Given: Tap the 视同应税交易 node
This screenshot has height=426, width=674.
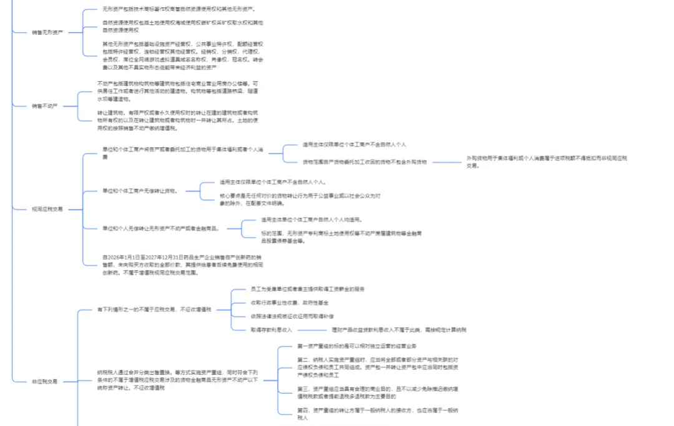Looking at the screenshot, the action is click(x=47, y=210).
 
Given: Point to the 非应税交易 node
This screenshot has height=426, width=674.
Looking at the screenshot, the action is click(x=44, y=381).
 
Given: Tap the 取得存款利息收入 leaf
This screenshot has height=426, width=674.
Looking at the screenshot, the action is click(x=271, y=329).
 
